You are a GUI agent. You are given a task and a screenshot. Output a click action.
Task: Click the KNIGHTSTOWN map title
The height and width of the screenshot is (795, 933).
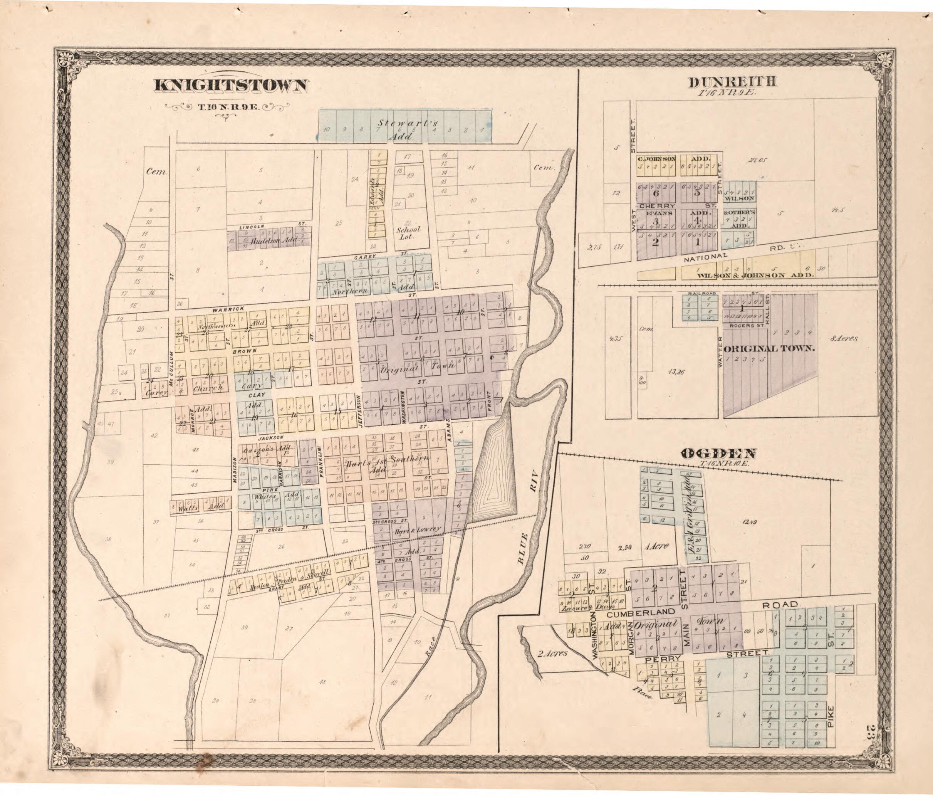(x=232, y=86)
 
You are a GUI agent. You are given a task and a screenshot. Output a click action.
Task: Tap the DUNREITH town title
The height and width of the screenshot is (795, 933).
(x=733, y=82)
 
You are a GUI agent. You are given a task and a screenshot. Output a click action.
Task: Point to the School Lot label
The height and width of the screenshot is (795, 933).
(x=408, y=232)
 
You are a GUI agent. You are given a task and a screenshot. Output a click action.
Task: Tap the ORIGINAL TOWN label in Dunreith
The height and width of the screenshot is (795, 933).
(x=770, y=348)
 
